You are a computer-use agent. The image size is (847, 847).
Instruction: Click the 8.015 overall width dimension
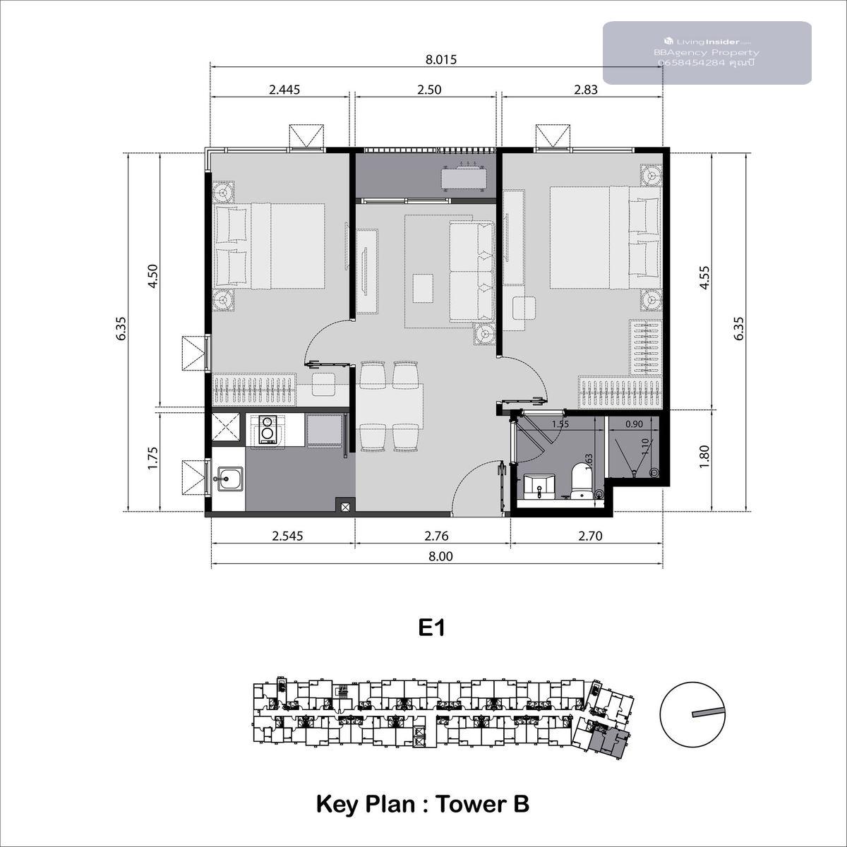441,59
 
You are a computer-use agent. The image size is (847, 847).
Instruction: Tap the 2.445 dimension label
284,90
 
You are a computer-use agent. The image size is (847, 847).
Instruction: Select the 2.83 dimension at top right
586,90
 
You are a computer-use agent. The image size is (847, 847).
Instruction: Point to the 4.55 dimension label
704,277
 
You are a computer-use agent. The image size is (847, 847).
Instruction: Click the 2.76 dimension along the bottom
436,536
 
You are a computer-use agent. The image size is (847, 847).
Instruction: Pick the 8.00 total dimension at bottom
440,556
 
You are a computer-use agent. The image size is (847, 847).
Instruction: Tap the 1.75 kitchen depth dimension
152,459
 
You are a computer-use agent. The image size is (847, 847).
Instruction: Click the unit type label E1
431,629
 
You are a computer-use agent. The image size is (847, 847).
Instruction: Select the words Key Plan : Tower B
423,805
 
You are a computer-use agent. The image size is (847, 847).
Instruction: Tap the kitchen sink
228,479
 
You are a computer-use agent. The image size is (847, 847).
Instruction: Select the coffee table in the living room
422,288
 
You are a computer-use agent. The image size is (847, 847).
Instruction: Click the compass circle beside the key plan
692,714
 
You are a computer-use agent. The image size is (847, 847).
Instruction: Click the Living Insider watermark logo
669,42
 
